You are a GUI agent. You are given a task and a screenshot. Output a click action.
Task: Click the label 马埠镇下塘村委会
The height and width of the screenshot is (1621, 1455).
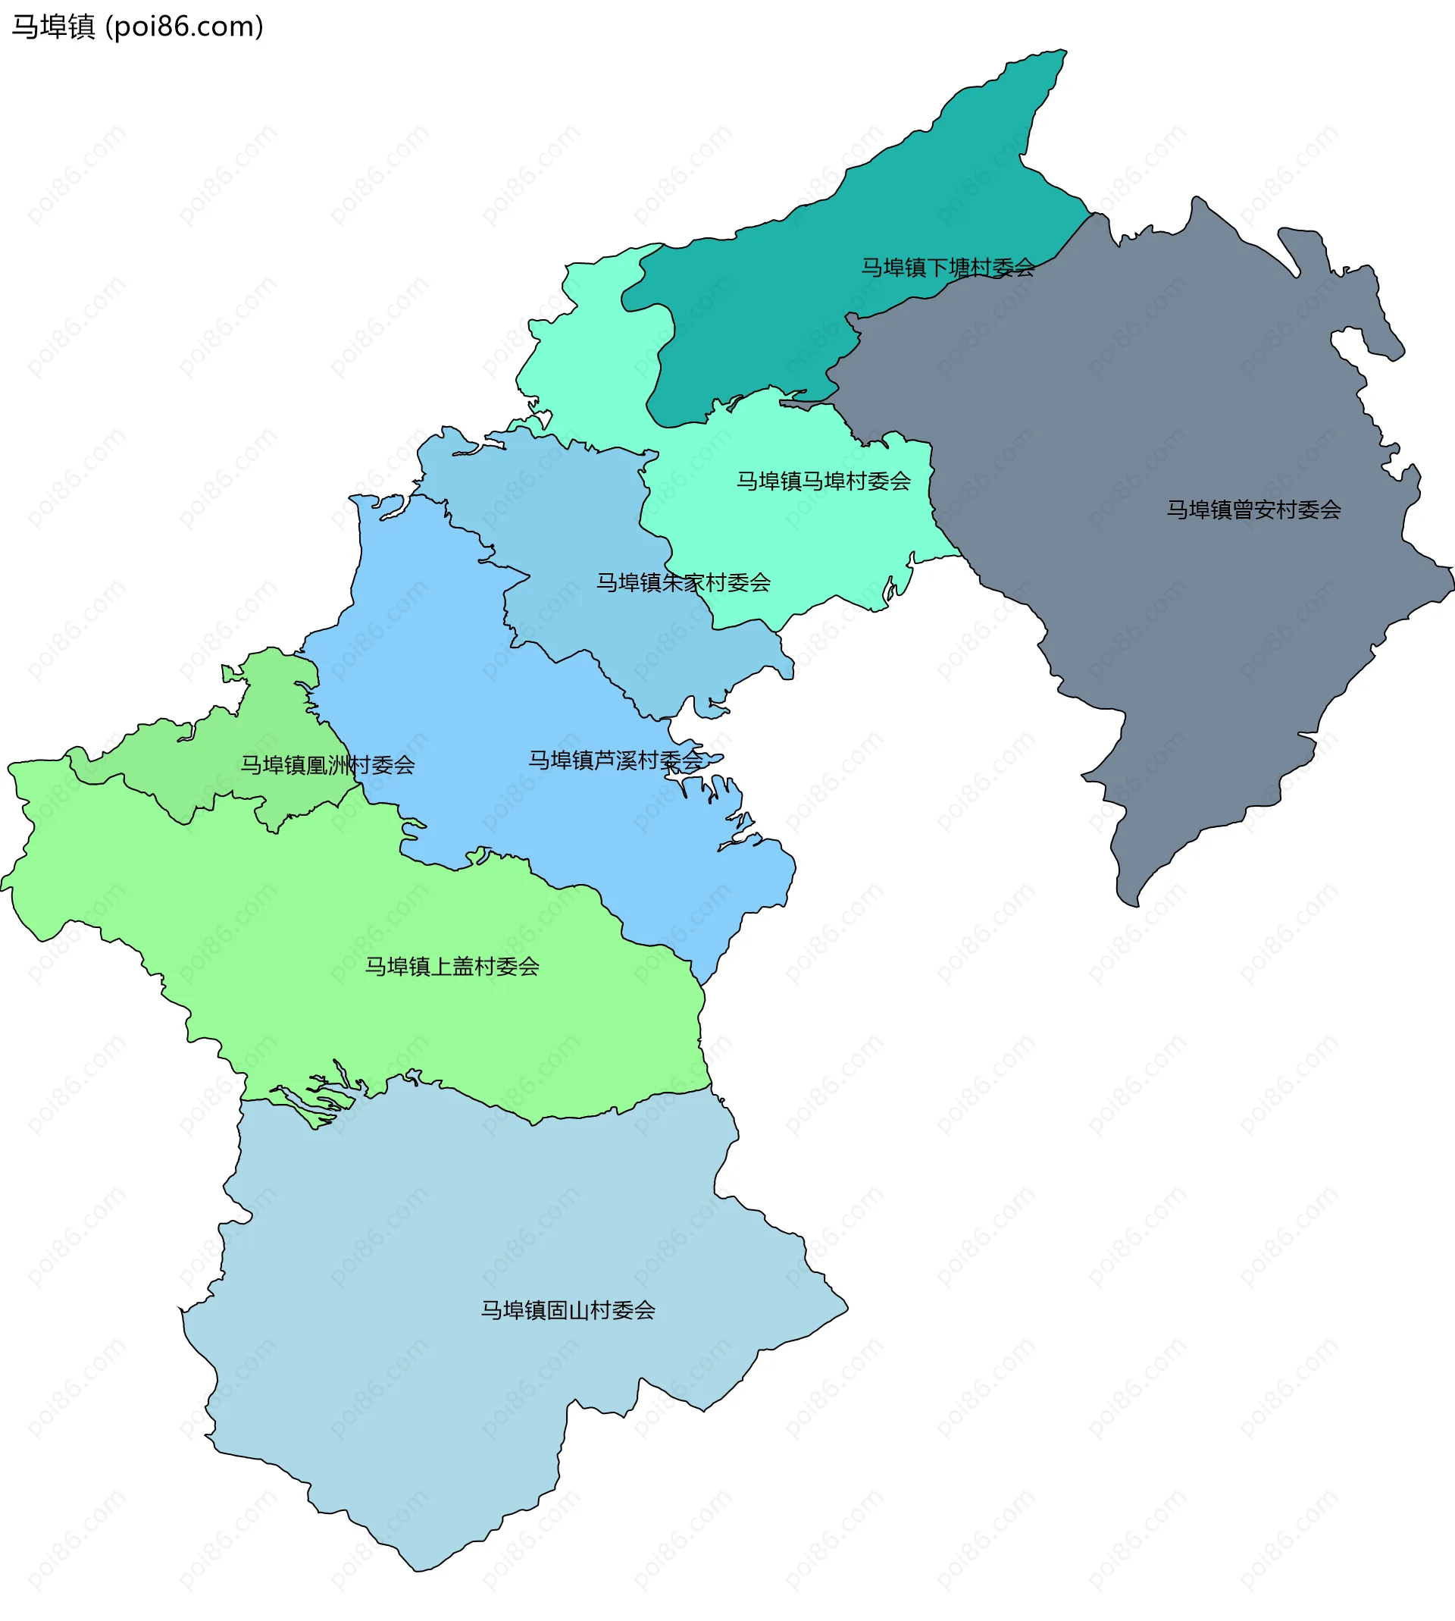[947, 267]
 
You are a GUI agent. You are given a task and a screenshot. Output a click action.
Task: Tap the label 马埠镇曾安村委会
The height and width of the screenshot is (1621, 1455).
[1253, 510]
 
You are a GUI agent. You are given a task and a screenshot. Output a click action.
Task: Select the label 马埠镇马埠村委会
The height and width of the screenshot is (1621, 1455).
[823, 481]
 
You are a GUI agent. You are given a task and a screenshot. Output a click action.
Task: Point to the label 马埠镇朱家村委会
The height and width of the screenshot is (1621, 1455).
[683, 582]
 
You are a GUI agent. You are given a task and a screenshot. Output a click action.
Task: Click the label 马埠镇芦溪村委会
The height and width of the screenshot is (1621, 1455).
[615, 760]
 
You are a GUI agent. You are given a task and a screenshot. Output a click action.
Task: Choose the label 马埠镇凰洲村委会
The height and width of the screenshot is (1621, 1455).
[328, 764]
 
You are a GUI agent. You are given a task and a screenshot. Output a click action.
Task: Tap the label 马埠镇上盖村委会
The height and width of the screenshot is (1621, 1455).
[452, 966]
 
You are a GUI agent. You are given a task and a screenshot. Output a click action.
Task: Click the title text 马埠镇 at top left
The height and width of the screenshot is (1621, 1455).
[53, 27]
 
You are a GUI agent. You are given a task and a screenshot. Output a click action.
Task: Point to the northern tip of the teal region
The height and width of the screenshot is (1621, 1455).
[1062, 52]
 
